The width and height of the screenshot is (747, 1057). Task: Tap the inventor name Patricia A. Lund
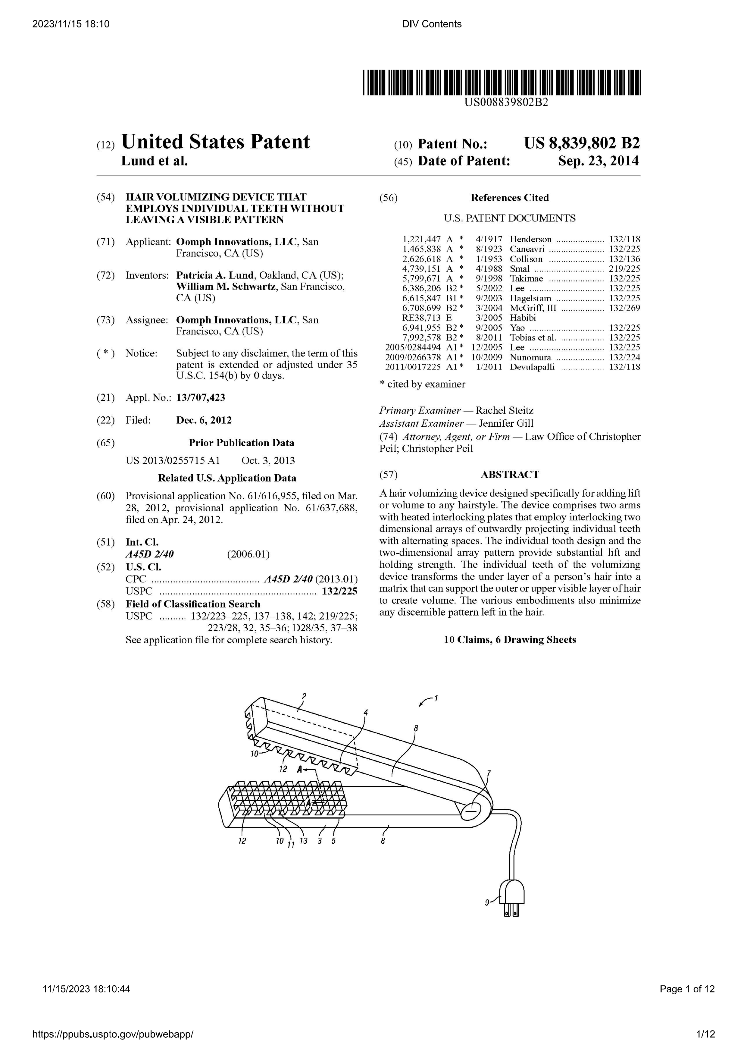pos(214,275)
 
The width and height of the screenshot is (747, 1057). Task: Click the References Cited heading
pos(510,198)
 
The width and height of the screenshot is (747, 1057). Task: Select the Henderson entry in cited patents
pos(530,239)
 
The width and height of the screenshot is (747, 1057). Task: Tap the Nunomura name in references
pos(530,358)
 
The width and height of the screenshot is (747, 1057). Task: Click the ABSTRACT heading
pos(510,475)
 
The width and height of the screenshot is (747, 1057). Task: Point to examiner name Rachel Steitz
pos(505,411)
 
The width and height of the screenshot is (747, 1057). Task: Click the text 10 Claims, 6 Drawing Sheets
pos(510,640)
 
